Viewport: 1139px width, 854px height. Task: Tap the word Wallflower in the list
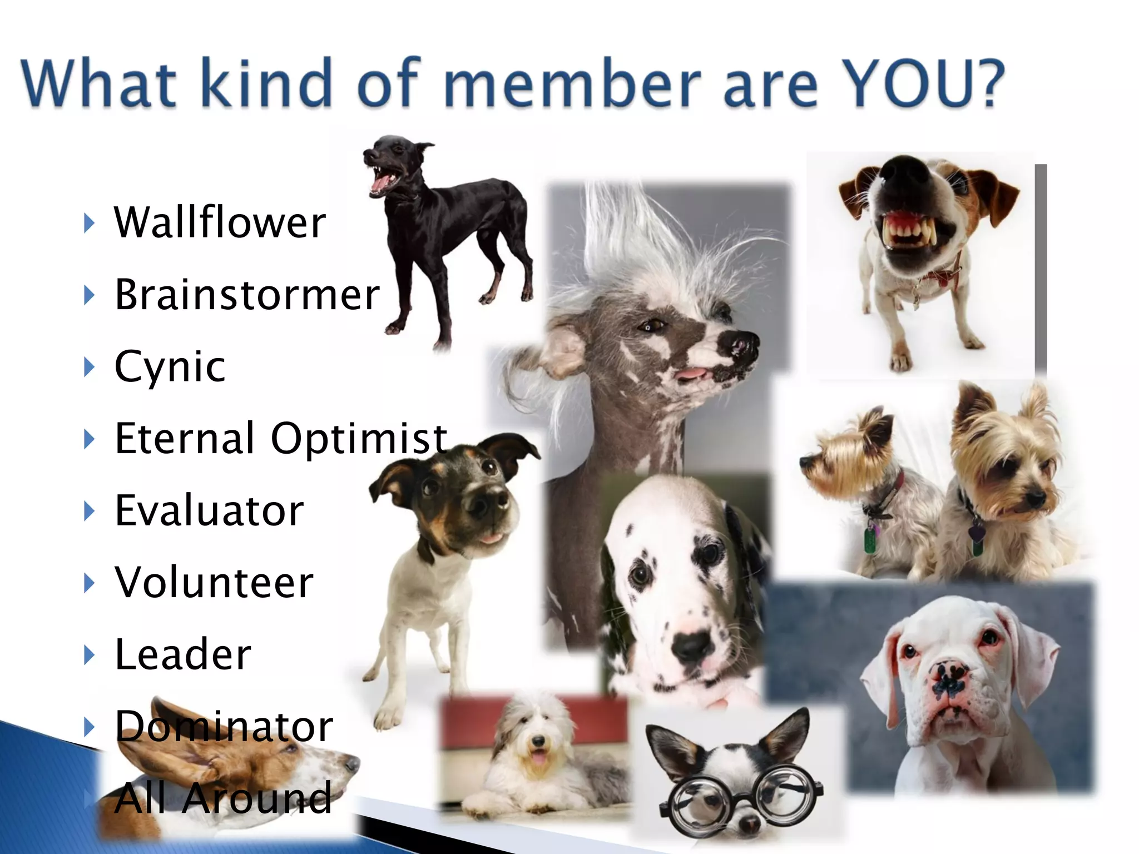click(x=220, y=222)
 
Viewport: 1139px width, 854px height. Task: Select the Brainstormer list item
click(x=247, y=294)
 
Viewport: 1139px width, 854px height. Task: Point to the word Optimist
click(x=359, y=438)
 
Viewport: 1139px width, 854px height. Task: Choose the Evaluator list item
click(x=209, y=510)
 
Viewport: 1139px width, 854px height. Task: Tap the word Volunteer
click(x=214, y=582)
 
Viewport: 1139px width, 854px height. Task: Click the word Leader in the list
click(x=182, y=654)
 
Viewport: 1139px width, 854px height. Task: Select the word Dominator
click(x=224, y=726)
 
